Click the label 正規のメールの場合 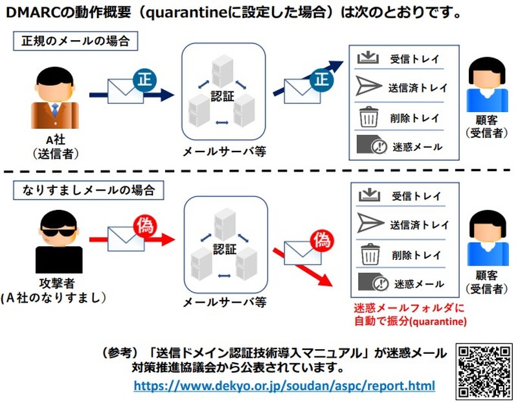pos(76,42)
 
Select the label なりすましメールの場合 pos(89,190)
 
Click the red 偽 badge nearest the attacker pos(144,226)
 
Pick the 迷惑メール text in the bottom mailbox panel pos(419,284)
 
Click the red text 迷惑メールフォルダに pos(405,308)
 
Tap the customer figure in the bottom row pos(485,241)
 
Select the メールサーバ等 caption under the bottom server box pos(223,302)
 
